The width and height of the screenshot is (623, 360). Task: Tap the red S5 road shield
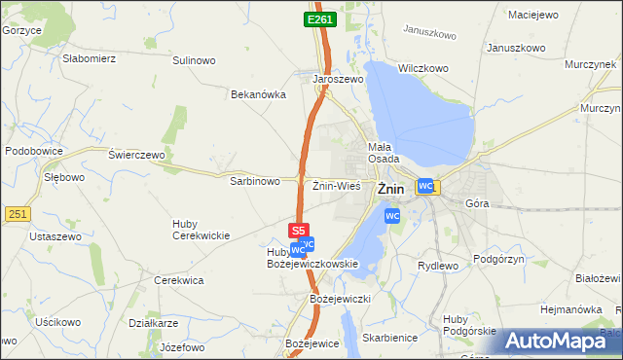coord(299,231)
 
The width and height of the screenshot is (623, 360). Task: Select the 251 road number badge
coord(17,213)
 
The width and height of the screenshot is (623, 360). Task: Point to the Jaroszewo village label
coord(338,80)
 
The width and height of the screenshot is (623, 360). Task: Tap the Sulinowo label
coord(194,60)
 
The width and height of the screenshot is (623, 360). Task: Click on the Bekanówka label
coord(257,94)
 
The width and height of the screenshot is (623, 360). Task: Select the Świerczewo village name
coord(137,155)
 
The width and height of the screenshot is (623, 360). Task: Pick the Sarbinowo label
coord(255,181)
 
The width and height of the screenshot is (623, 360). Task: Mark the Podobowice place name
coord(34,151)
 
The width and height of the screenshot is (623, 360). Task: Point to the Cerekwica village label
coord(179,280)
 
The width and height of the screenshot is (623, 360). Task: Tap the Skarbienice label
coord(388,337)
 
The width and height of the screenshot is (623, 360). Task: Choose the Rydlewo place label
coord(437,266)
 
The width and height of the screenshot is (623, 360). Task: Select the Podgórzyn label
coord(499,259)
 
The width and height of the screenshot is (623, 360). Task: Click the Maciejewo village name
coord(534,14)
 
